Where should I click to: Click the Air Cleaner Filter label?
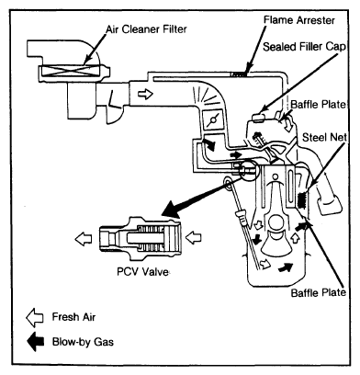(x=146, y=29)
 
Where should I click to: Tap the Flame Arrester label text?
(x=299, y=20)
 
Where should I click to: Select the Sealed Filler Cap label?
(x=304, y=47)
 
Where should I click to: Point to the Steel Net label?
(x=324, y=137)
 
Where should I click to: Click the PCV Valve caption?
(x=142, y=271)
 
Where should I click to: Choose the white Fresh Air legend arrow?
(x=35, y=317)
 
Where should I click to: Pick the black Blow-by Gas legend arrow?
(x=36, y=341)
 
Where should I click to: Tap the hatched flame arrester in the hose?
(x=238, y=74)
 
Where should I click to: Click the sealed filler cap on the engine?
(x=259, y=117)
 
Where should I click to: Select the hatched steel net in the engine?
(x=302, y=199)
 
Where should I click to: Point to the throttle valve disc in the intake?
(x=212, y=119)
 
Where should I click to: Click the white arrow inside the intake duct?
(x=145, y=94)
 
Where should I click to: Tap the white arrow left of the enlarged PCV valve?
(x=83, y=239)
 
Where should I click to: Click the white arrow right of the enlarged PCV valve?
(x=194, y=237)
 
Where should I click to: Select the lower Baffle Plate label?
(x=319, y=292)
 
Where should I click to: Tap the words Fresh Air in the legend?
(x=73, y=317)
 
